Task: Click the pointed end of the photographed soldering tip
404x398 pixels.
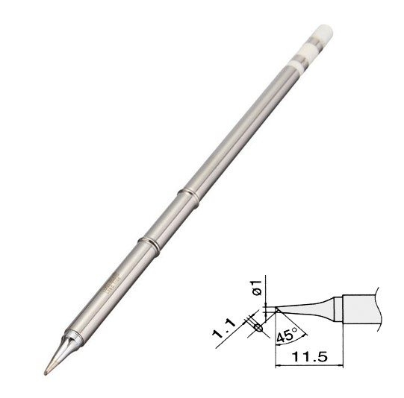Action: pyautogui.click(x=46, y=370)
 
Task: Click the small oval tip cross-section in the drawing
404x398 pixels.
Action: pyautogui.click(x=258, y=326)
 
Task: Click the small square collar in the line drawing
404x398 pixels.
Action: pyautogui.click(x=337, y=308)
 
